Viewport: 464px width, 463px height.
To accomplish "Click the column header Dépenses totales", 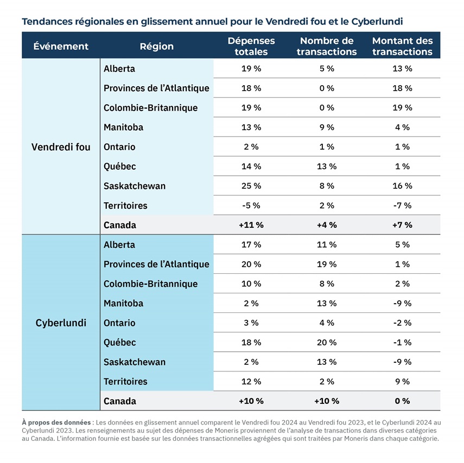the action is (251, 46).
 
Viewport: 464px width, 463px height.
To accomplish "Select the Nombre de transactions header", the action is (327, 46).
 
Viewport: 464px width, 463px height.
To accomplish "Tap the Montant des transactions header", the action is (403, 46).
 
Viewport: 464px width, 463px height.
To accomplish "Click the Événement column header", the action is (61, 46).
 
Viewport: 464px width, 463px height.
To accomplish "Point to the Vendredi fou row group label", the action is (61, 147).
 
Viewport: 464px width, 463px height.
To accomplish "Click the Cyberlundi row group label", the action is (61, 323).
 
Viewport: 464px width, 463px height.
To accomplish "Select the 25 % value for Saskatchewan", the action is (251, 186).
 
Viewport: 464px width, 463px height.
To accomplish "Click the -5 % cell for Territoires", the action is (251, 205).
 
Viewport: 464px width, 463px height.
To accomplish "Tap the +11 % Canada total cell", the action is (251, 225).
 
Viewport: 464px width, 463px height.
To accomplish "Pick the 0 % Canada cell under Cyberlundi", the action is (403, 401).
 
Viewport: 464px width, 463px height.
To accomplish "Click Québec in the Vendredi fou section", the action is (119, 166).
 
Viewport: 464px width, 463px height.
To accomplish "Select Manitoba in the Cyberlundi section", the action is (123, 304).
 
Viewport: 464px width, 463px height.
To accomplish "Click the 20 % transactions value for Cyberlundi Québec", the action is (327, 343).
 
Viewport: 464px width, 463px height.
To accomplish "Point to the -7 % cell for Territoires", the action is (403, 205).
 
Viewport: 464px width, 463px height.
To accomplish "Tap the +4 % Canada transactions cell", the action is (327, 225).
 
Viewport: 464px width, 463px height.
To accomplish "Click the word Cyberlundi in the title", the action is (377, 22).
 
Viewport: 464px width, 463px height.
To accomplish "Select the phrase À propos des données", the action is (56, 422).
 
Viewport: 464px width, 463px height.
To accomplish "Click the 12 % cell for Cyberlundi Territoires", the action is (251, 382).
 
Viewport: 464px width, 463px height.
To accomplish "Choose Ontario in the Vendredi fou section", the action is (119, 147).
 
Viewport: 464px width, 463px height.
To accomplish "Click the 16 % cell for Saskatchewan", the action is (403, 186).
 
